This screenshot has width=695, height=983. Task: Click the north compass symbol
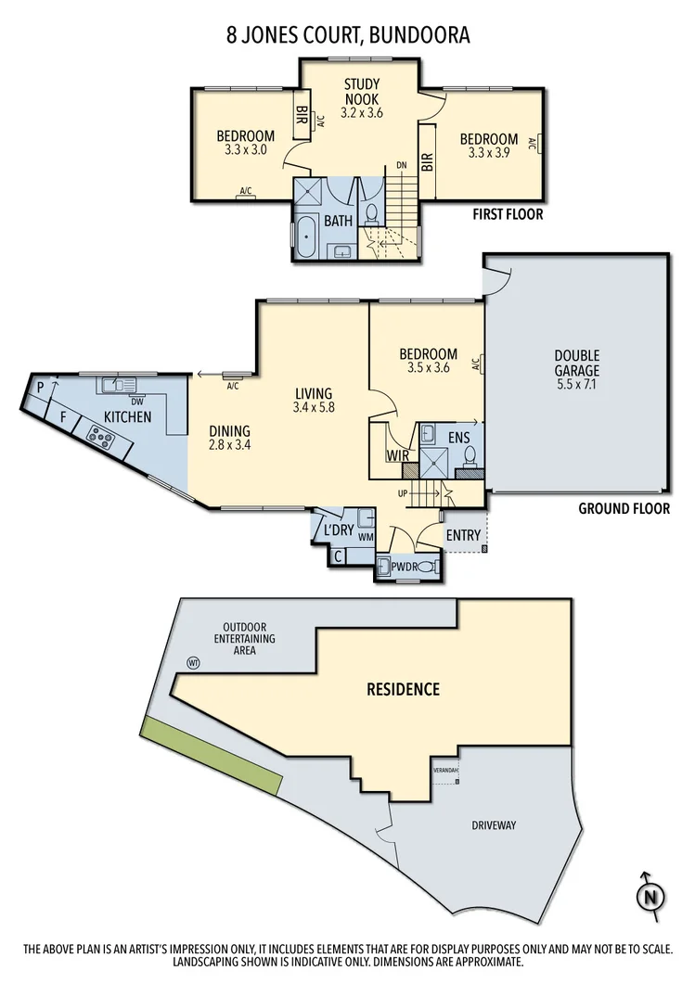pos(652,895)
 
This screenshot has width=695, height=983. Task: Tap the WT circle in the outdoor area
pos(194,662)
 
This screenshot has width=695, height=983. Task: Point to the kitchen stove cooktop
pos(99,432)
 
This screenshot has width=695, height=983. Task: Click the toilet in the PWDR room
pos(425,566)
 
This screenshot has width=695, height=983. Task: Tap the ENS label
pos(458,435)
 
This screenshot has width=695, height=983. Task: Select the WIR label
pos(399,456)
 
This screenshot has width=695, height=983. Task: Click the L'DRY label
pos(337,530)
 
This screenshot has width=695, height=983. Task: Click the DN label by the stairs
pos(402,165)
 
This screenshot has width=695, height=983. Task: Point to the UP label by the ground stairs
pos(403,492)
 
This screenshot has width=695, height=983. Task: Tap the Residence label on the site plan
pos(403,689)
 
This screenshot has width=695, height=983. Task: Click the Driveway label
pos(493,824)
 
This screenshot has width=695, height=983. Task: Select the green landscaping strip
pos(212,755)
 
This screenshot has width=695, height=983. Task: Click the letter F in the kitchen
pos(63,417)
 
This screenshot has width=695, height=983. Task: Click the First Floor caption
pos(508,214)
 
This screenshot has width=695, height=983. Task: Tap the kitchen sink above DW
pos(120,383)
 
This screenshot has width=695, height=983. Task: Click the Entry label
pos(463,535)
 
